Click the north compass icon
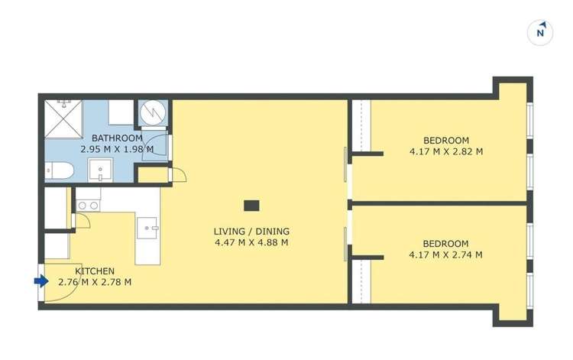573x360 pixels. [x=540, y=32]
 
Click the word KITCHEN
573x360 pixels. [x=95, y=271]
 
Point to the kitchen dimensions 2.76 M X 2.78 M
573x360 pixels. [x=95, y=282]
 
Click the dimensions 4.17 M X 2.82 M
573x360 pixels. [x=445, y=151]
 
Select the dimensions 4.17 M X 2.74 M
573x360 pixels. [x=445, y=255]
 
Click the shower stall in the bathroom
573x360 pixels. [x=67, y=120]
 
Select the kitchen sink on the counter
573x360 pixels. [x=148, y=227]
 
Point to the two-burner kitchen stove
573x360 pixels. [x=88, y=205]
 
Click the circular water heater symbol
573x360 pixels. [x=152, y=114]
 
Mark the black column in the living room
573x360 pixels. [x=251, y=205]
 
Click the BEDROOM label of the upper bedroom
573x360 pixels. [x=445, y=140]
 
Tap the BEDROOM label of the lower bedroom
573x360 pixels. [x=445, y=244]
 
